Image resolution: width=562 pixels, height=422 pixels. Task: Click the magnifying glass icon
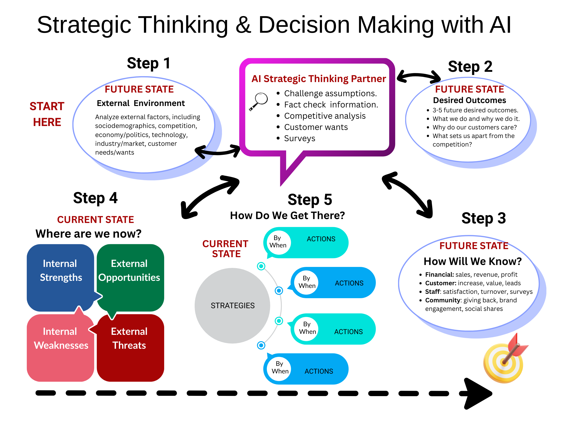point(259,101)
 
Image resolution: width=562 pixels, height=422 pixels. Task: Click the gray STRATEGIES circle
point(232,305)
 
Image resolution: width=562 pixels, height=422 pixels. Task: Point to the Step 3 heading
point(483,218)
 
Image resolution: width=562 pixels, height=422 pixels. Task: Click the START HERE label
point(47,114)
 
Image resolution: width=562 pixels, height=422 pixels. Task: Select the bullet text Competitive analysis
point(324,116)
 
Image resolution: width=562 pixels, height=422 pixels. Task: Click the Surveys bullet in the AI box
point(299,138)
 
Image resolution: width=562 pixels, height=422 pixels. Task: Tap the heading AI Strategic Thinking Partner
point(318,79)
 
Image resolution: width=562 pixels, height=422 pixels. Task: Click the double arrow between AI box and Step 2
point(419,76)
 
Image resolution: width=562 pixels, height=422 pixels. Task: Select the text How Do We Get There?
point(287,215)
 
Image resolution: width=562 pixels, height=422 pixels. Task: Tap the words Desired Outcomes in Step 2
point(469,100)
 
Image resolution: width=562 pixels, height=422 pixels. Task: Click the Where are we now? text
point(88,233)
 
